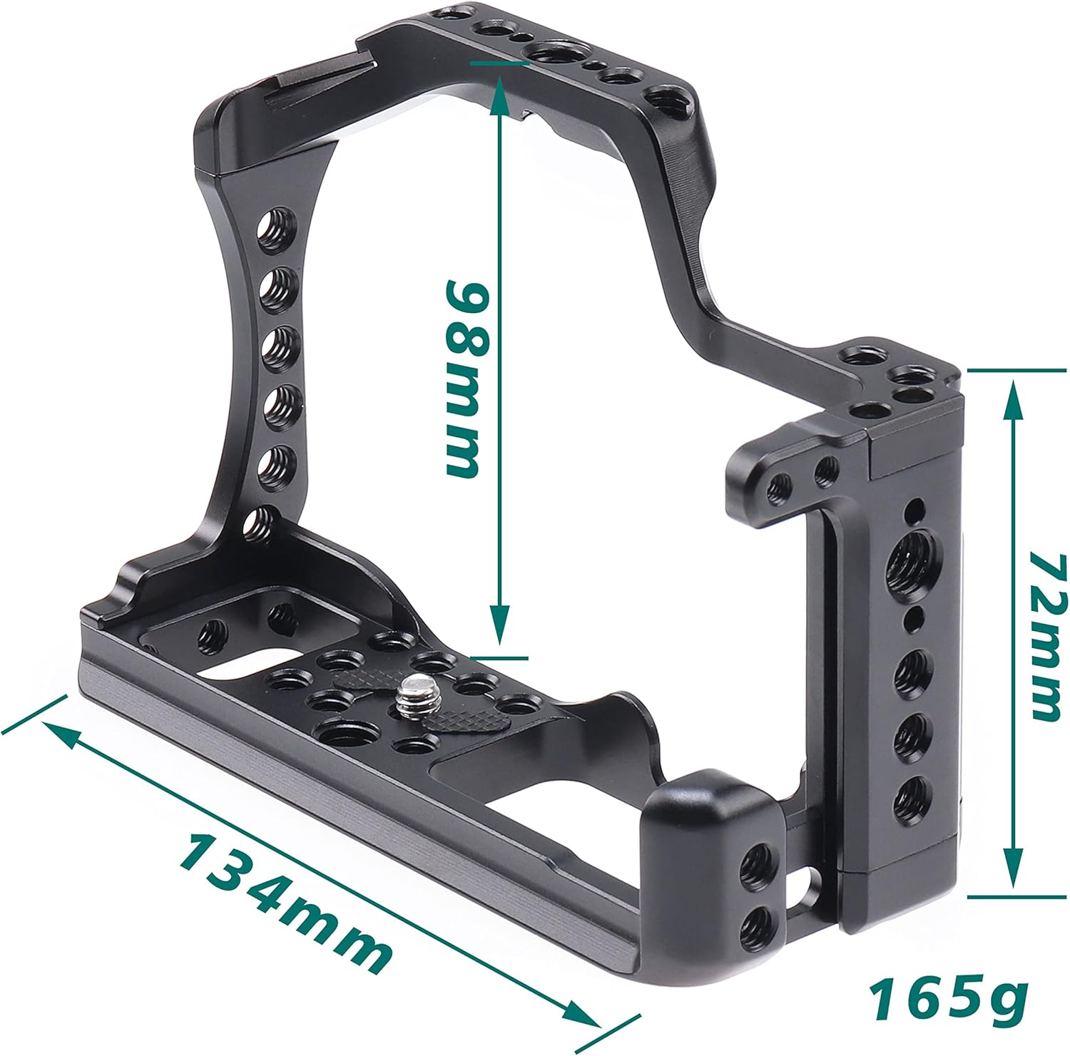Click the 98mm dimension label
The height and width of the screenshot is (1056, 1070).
[467, 378]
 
